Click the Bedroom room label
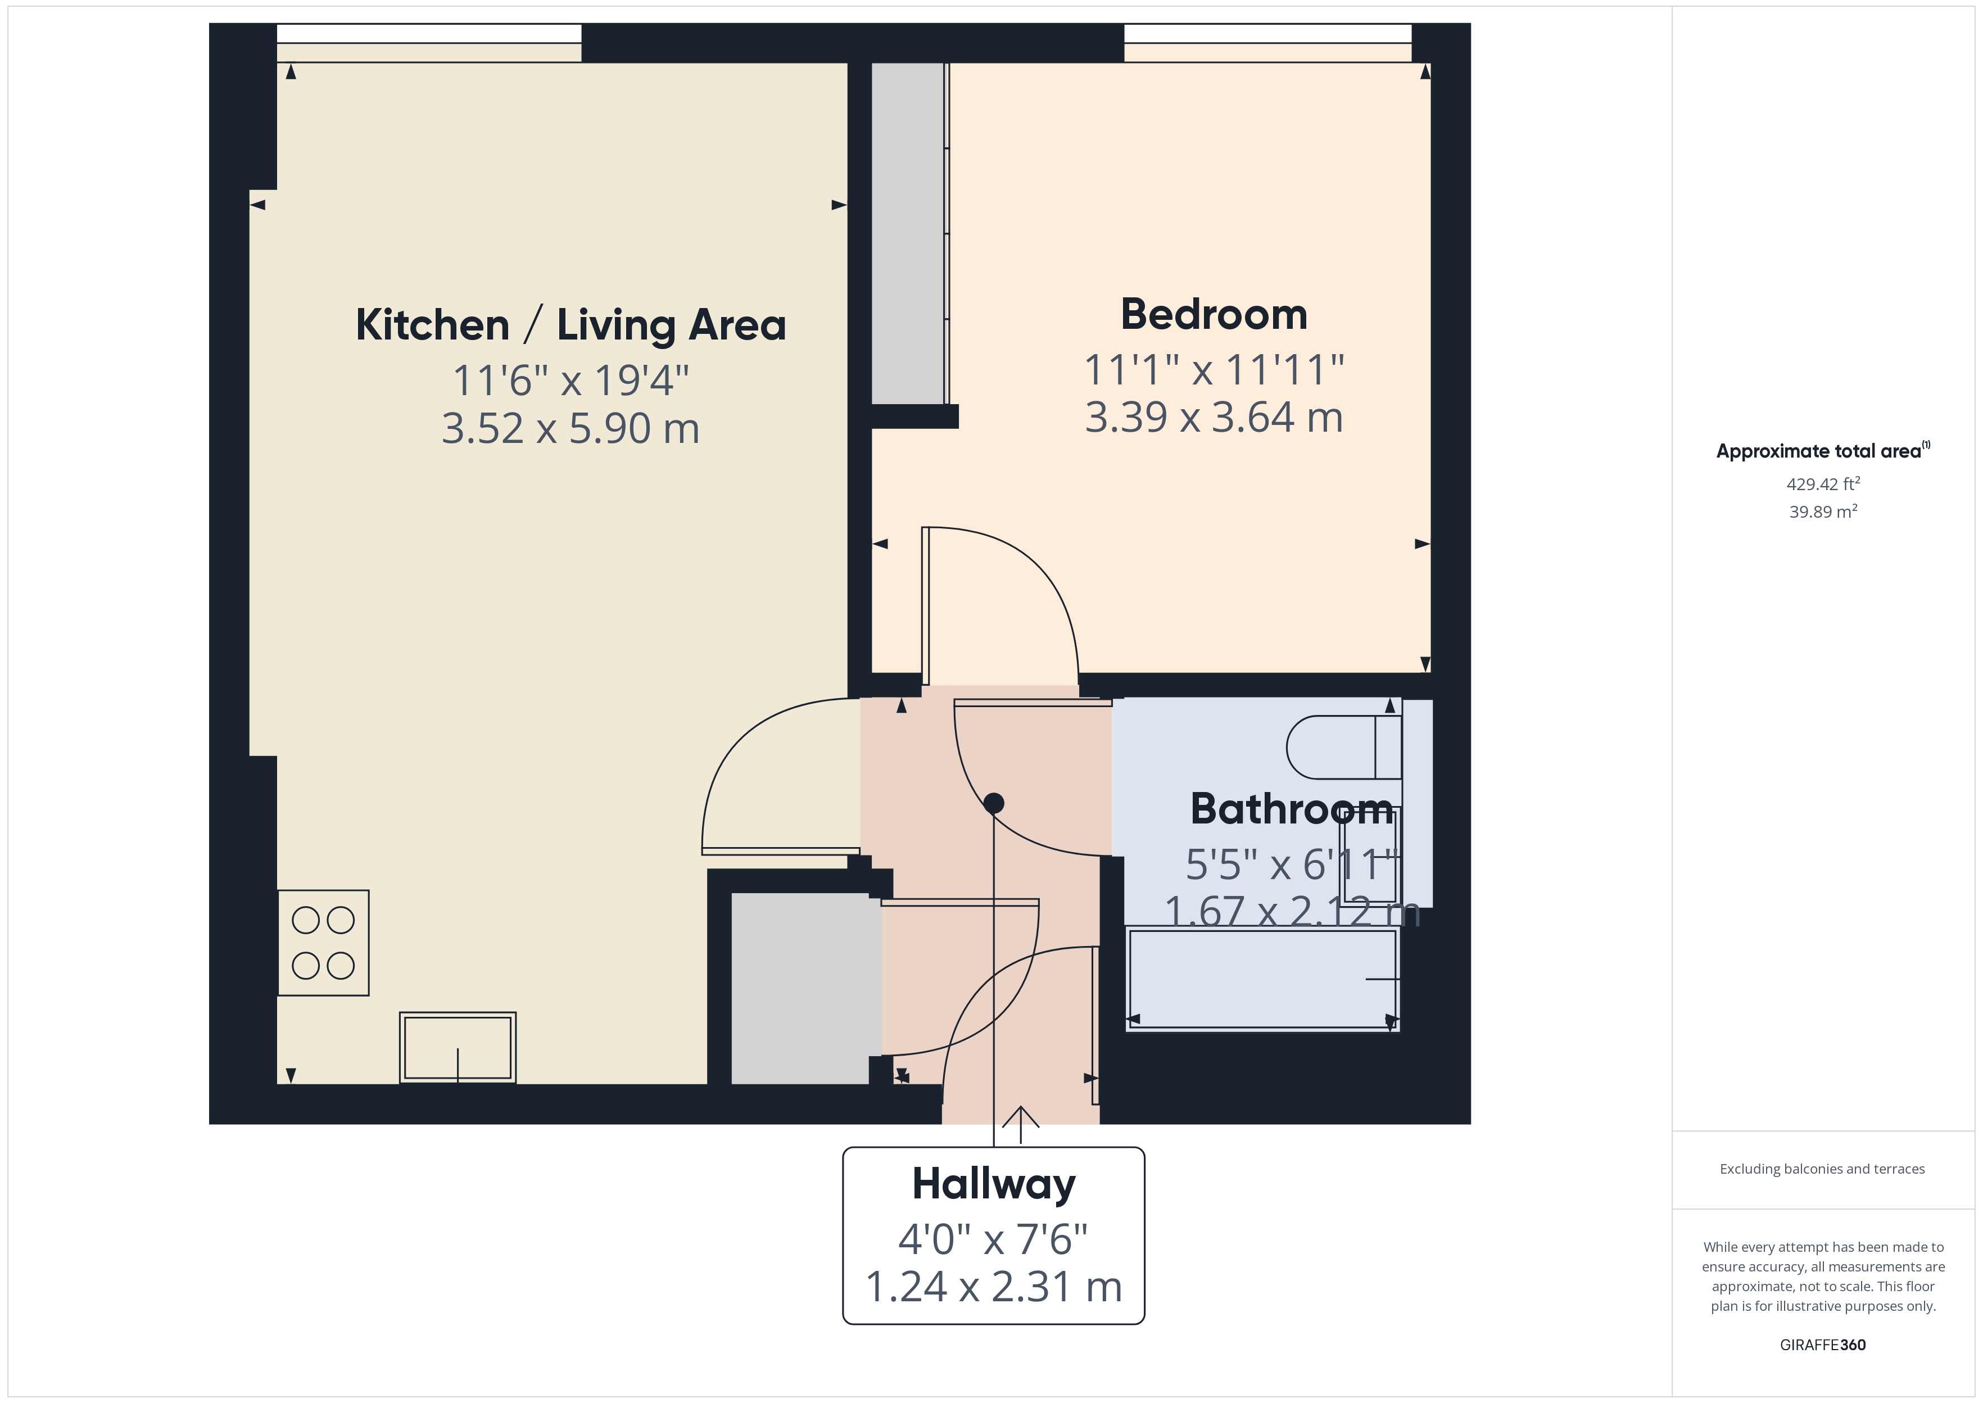(x=1214, y=314)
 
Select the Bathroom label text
(x=1291, y=809)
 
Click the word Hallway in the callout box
(x=993, y=1184)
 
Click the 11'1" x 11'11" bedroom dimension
(x=1214, y=370)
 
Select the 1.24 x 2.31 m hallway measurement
(x=993, y=1287)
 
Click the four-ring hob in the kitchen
(x=323, y=943)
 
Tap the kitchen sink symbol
(x=458, y=1047)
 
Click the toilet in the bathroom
(x=1343, y=747)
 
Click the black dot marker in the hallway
(x=993, y=803)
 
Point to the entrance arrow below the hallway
(x=1021, y=1123)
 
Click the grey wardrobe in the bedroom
(x=907, y=233)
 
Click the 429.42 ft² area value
(x=1822, y=484)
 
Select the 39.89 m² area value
(x=1822, y=512)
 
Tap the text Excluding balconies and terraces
(x=1822, y=1169)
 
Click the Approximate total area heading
(x=1821, y=451)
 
